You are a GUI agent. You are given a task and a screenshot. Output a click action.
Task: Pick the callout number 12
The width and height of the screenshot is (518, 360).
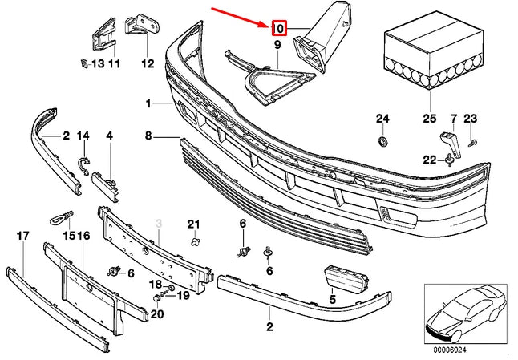147,63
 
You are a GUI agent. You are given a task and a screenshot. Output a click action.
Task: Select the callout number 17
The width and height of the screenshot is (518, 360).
22,236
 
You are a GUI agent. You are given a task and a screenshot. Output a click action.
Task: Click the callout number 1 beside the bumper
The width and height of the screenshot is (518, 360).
148,103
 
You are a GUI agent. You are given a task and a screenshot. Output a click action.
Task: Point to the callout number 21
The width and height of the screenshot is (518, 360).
192,223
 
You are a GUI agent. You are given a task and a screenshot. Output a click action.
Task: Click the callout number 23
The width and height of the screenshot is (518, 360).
470,119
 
